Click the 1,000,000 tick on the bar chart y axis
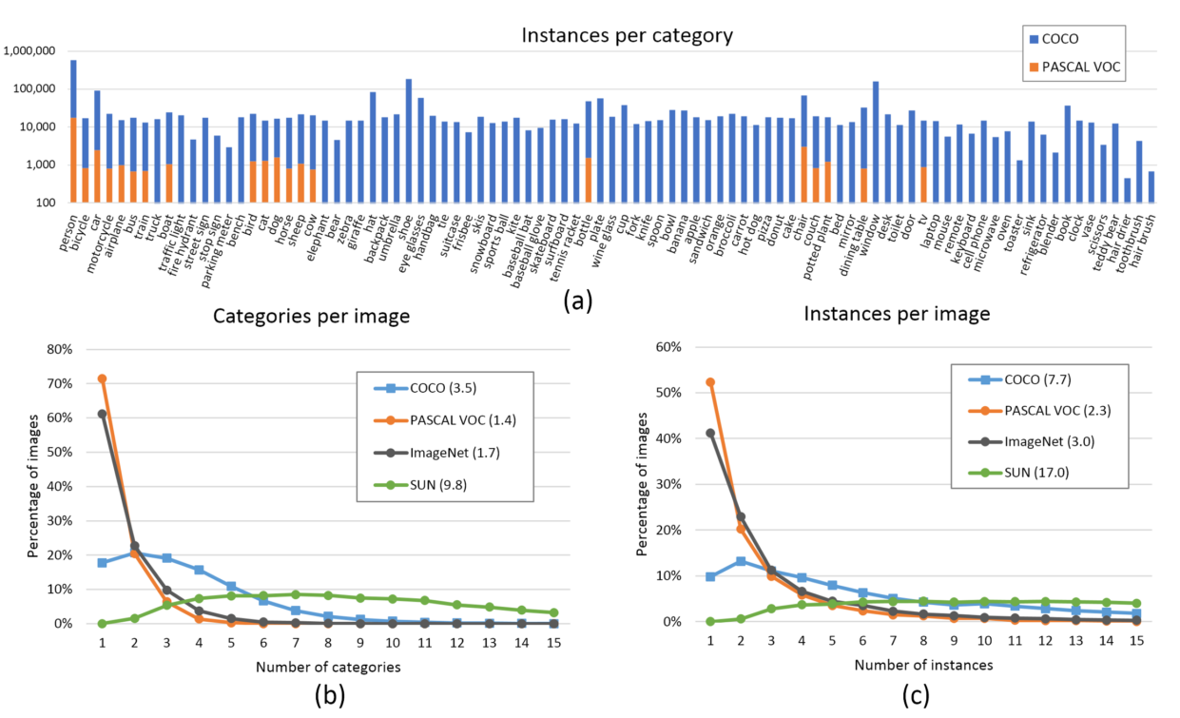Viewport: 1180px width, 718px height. [x=30, y=50]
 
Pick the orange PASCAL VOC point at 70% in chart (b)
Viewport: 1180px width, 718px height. [x=102, y=378]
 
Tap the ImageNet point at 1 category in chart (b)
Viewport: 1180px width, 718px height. [x=102, y=414]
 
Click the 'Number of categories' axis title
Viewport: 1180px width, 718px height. [x=328, y=667]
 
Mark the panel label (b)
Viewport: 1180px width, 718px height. [x=329, y=697]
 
